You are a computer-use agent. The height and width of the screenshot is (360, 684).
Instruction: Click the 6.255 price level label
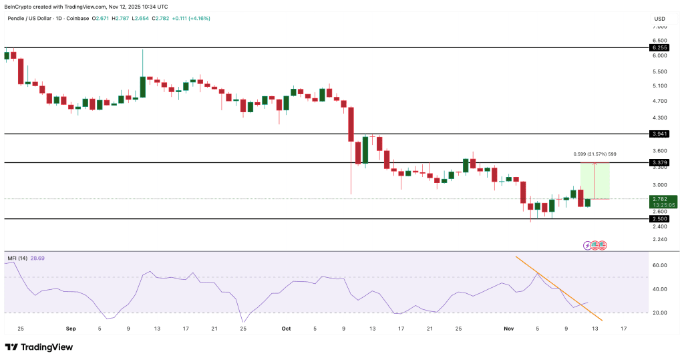pyautogui.click(x=659, y=47)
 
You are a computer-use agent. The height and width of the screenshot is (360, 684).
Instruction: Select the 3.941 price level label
pyautogui.click(x=659, y=134)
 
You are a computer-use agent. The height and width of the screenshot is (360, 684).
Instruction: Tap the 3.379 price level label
pyautogui.click(x=659, y=162)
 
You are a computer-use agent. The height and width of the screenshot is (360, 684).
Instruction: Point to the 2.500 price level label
pyautogui.click(x=659, y=218)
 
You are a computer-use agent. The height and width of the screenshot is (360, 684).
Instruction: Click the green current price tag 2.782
pyautogui.click(x=660, y=198)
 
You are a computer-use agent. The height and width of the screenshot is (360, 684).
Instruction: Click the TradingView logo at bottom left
pyautogui.click(x=39, y=347)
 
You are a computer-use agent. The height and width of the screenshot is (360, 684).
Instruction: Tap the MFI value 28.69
pyautogui.click(x=39, y=257)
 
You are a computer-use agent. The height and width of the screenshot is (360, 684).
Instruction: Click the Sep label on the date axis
pyautogui.click(x=71, y=329)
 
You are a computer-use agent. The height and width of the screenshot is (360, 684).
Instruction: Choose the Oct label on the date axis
pyautogui.click(x=287, y=329)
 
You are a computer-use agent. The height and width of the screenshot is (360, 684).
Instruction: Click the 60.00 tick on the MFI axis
pyautogui.click(x=659, y=265)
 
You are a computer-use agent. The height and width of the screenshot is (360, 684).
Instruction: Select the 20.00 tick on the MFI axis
pyautogui.click(x=659, y=313)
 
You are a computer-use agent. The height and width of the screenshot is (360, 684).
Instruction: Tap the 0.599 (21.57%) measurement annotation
pyautogui.click(x=594, y=154)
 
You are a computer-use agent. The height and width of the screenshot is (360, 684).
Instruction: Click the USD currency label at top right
pyautogui.click(x=659, y=18)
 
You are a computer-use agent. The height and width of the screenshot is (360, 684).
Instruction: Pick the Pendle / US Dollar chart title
pyautogui.click(x=33, y=18)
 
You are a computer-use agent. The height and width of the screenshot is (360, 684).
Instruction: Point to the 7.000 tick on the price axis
pyautogui.click(x=659, y=27)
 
